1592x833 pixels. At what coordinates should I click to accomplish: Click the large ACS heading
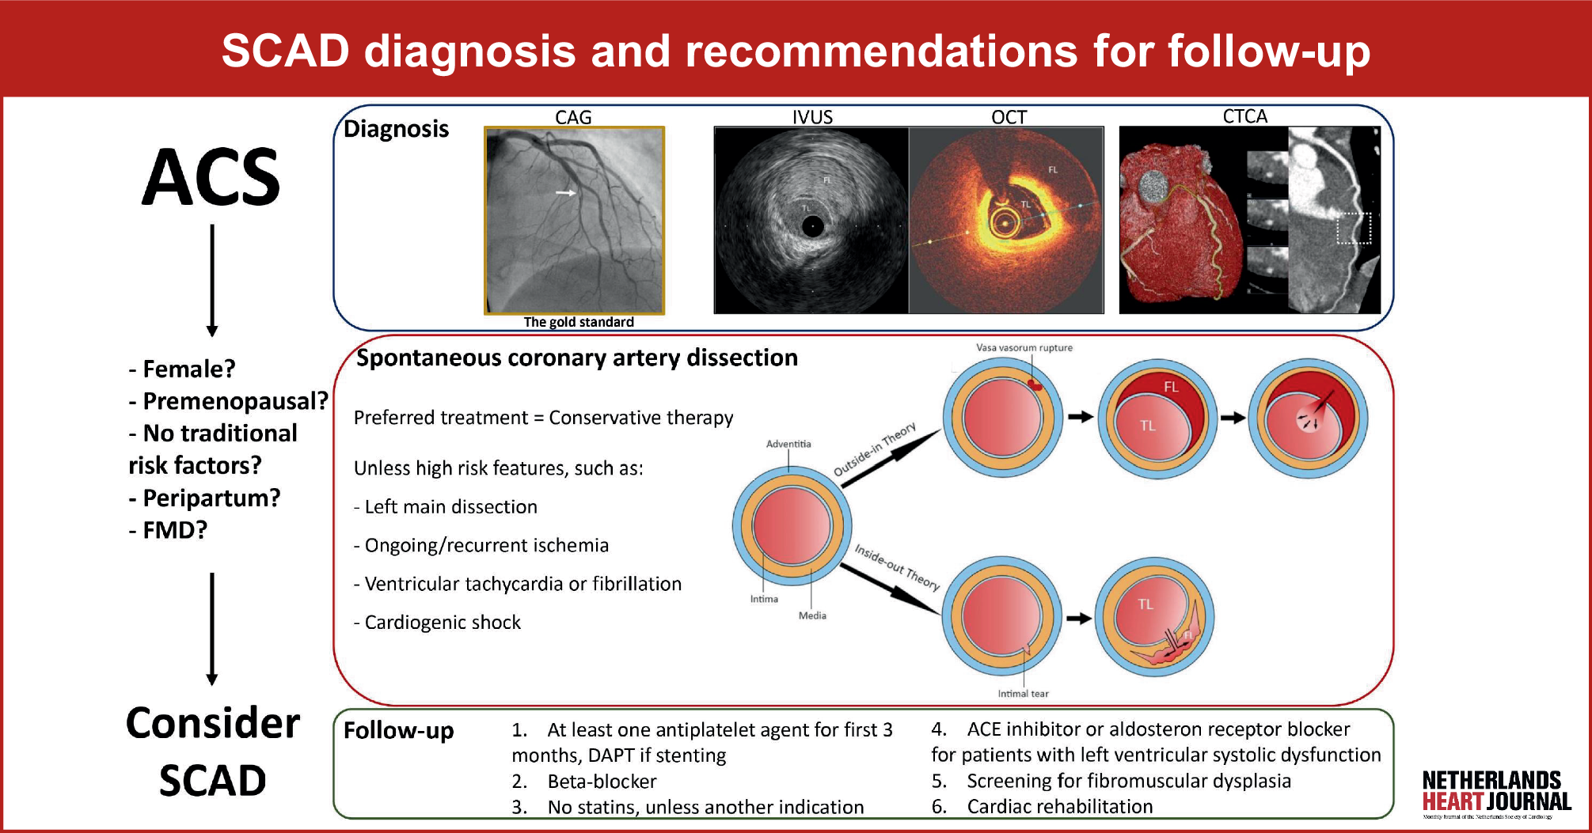(211, 177)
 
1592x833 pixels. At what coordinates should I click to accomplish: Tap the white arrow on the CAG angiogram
(565, 192)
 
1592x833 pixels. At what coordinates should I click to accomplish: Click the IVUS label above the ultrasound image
(812, 117)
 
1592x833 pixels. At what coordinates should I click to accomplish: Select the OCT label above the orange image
(1009, 117)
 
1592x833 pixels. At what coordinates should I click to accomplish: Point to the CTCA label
(1244, 116)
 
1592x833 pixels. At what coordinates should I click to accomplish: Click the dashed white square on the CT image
(1354, 228)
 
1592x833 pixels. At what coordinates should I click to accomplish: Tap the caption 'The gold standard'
(579, 322)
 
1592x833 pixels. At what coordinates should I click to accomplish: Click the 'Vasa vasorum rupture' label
(1024, 347)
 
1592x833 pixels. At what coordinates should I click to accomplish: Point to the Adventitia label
(788, 444)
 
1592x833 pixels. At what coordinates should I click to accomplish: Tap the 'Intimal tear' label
(1023, 694)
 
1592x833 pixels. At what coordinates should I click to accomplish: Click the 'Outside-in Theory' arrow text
(875, 449)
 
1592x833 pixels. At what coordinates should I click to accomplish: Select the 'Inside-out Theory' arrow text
(897, 566)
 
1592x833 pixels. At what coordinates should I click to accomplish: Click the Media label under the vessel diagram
(812, 615)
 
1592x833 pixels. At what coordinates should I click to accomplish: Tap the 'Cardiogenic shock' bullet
(442, 623)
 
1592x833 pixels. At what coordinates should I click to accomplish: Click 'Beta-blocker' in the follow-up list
(602, 782)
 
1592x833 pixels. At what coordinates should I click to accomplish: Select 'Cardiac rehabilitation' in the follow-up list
(1059, 807)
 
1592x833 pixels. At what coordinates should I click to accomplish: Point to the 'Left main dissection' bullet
(450, 507)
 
